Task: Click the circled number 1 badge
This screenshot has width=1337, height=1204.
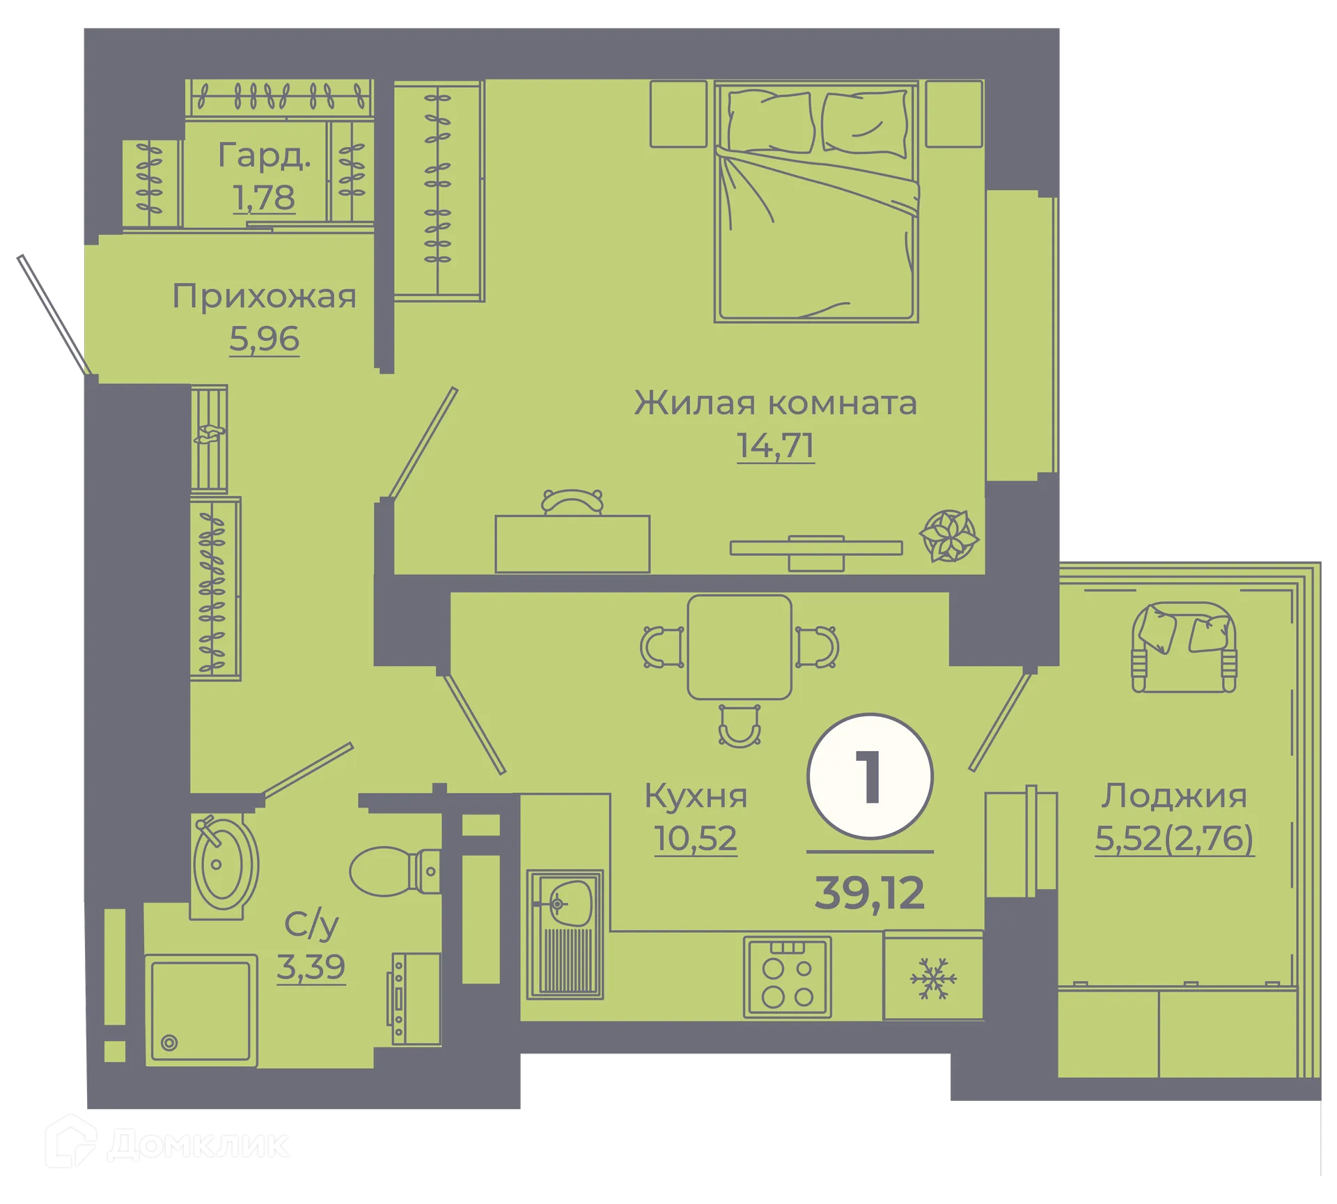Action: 870,776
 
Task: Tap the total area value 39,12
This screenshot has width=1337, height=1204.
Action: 870,893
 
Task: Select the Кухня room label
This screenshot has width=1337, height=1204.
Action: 696,796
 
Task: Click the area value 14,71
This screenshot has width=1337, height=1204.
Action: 775,446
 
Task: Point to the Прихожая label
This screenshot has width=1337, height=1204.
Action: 265,297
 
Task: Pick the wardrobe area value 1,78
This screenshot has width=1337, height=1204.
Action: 264,198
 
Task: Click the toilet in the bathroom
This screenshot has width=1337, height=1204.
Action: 390,871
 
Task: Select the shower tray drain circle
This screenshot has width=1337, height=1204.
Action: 169,1043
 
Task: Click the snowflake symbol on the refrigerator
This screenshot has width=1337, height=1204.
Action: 933,978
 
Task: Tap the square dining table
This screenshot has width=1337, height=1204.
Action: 740,647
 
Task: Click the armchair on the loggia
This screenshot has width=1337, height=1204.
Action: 1184,648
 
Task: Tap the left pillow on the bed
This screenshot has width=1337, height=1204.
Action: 769,122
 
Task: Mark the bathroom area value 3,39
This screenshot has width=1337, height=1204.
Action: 311,967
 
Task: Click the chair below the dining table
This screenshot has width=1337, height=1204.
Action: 739,727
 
